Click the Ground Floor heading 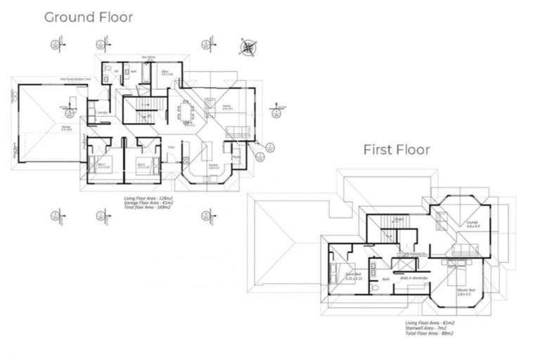(88, 17)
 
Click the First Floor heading (396, 149)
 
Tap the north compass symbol (248, 48)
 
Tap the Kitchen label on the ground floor (213, 167)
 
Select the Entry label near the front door (171, 147)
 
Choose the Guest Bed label (353, 276)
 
